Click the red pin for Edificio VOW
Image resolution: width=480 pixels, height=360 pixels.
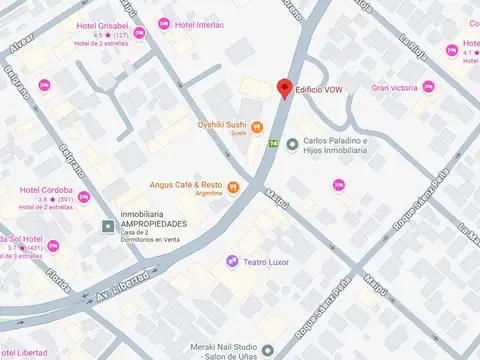[284, 88]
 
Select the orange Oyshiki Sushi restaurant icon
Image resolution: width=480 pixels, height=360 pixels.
[257, 127]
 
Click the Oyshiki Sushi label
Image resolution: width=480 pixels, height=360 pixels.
[221, 124]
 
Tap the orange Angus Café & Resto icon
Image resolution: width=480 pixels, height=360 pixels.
[233, 186]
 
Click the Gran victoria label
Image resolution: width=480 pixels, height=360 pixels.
[395, 88]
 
